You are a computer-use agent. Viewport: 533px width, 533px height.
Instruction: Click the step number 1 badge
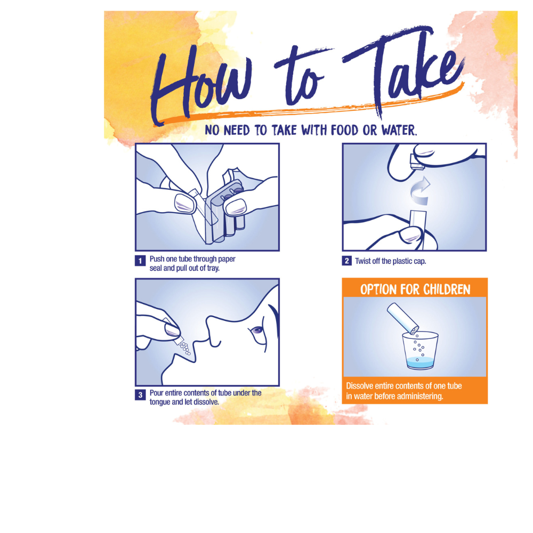pos(140,261)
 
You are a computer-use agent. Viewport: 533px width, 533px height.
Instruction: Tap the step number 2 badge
pos(347,261)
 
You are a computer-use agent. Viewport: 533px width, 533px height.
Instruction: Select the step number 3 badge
pos(140,395)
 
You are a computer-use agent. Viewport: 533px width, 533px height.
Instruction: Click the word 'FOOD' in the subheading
pos(344,130)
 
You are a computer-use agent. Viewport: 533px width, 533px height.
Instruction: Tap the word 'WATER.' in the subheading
pos(399,130)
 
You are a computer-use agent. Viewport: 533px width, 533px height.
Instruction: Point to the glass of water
pos(420,350)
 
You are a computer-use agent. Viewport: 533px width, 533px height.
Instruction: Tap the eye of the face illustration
pos(257,330)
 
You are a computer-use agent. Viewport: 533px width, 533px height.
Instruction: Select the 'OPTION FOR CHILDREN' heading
pos(415,289)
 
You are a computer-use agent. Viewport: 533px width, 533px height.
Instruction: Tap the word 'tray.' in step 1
pos(213,268)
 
